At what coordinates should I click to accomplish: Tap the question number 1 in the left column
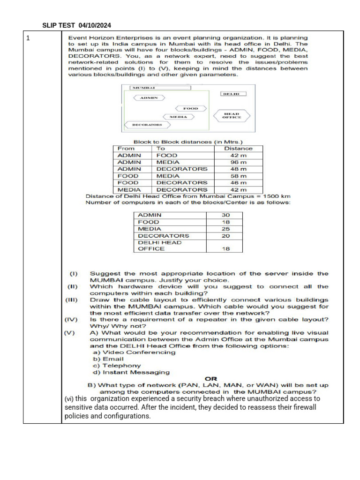pyautogui.click(x=28, y=38)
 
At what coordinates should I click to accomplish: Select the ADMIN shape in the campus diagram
pyautogui.click(x=150, y=98)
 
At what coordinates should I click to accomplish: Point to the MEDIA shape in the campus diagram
pyautogui.click(x=179, y=117)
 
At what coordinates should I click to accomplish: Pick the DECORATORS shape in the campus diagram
pyautogui.click(x=147, y=125)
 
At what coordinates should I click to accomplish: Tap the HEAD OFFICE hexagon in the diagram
pyautogui.click(x=232, y=115)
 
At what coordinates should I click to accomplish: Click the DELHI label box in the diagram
pyautogui.click(x=231, y=94)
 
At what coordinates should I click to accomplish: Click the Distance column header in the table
pyautogui.click(x=238, y=149)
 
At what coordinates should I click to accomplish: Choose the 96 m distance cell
pyautogui.click(x=238, y=162)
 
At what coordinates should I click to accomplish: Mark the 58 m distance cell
pyautogui.click(x=238, y=176)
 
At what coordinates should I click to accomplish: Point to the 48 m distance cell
pyautogui.click(x=238, y=169)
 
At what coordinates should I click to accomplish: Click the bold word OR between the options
pyautogui.click(x=211, y=378)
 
